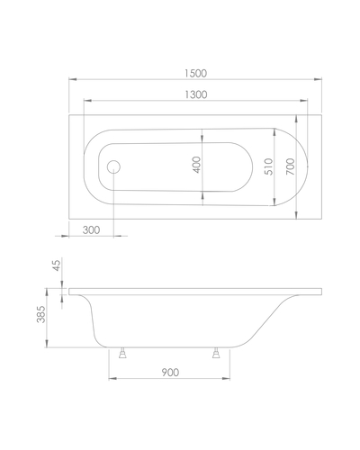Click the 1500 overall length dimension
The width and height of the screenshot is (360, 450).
(x=195, y=73)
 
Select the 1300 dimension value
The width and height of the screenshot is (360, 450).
(x=195, y=94)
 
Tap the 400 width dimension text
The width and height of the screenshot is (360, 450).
(x=197, y=165)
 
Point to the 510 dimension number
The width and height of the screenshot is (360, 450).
(x=269, y=166)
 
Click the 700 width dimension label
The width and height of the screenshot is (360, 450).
(x=291, y=166)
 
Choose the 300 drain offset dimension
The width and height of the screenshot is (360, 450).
(x=91, y=230)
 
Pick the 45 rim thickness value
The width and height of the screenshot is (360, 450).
(x=57, y=265)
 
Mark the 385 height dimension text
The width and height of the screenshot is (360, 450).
(x=40, y=314)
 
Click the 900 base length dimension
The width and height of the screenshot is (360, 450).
(x=170, y=373)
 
